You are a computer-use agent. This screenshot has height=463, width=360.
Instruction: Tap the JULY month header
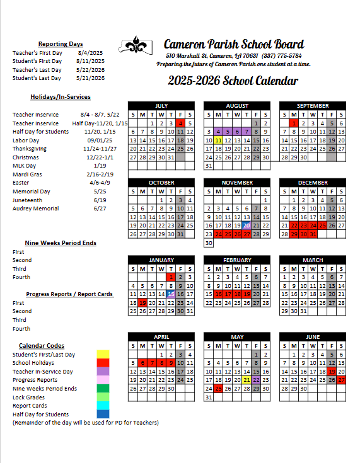pos(161,106)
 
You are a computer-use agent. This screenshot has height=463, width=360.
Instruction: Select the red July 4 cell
pos(180,123)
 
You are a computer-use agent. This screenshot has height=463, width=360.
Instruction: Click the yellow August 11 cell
pos(218,140)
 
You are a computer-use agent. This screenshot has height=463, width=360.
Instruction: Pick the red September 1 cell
pos(294,123)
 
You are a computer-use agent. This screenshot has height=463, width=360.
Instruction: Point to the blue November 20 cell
pos(247,226)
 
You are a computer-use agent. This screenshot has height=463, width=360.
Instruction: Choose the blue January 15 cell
pos(171,294)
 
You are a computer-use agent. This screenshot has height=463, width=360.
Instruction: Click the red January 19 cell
pos(142,302)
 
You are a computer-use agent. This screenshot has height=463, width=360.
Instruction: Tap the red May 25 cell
pos(218,388)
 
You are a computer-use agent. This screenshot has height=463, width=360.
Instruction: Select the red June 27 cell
pos(341,380)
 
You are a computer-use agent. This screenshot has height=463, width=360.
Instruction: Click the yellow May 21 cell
pos(247,380)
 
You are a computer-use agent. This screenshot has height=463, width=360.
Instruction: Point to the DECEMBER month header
pos(313,183)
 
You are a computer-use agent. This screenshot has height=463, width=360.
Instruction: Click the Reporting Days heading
pos(61,44)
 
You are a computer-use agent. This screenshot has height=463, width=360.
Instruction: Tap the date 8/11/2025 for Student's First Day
pos(92,61)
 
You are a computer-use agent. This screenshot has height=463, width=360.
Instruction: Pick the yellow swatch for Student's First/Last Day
pos(103,355)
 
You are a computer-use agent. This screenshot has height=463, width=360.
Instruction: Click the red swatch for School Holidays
pos(103,363)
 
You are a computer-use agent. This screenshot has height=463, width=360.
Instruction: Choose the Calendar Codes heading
pos(42,346)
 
